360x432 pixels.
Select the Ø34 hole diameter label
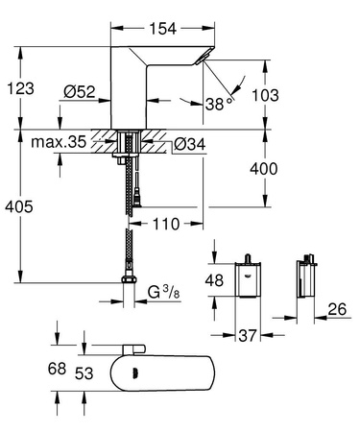pos(195,146)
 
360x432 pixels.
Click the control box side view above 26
pos(306,277)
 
